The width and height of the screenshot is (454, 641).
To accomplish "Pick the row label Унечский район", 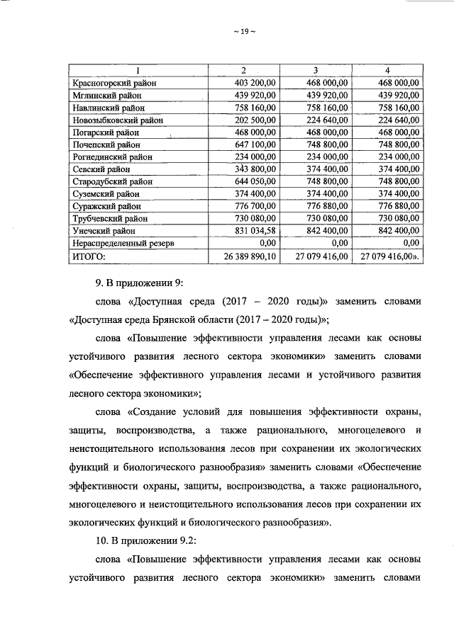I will pos(104,230).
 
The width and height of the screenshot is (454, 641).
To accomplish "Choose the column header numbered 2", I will pos(243,70).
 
